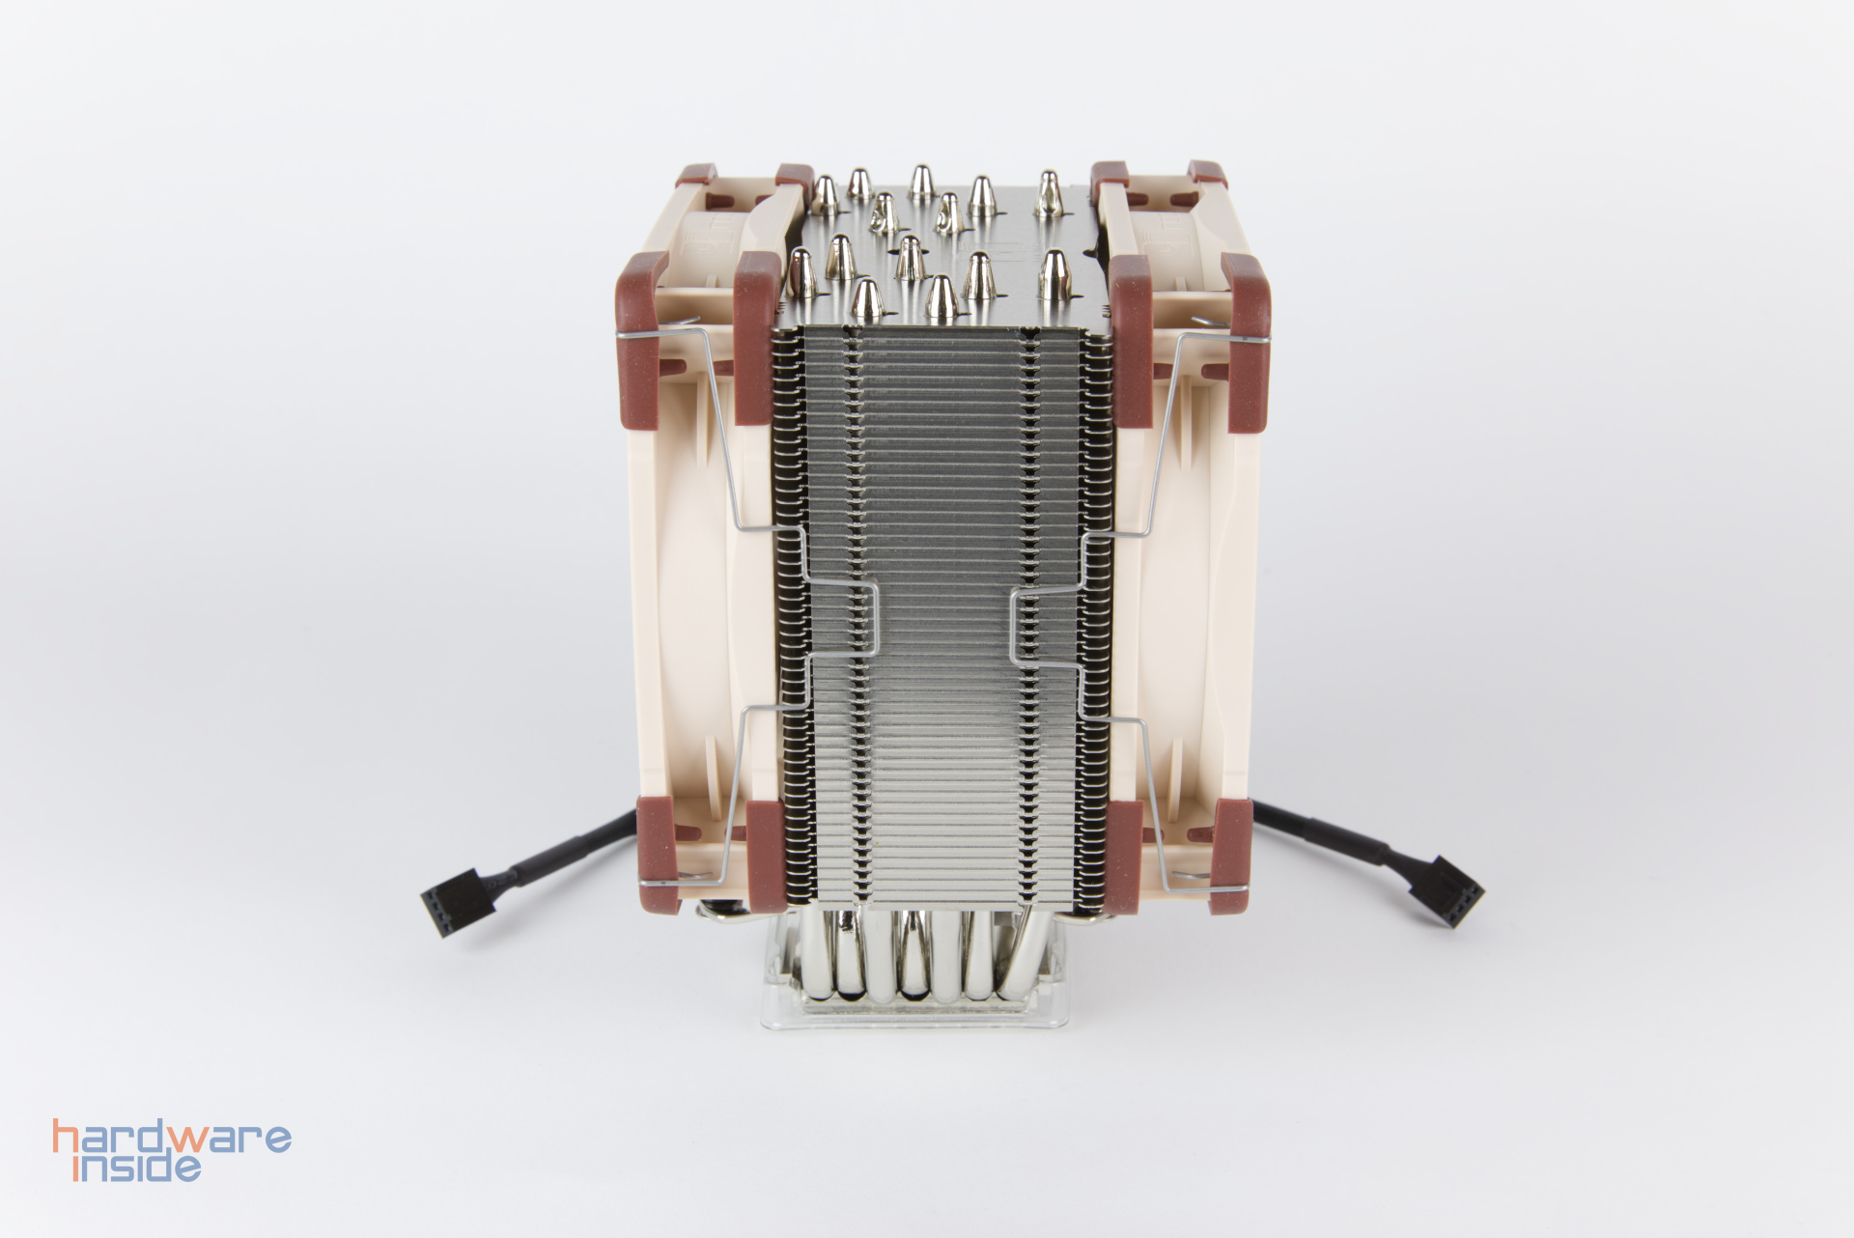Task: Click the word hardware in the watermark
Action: tap(172, 1140)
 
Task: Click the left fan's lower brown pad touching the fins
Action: tap(767, 850)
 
